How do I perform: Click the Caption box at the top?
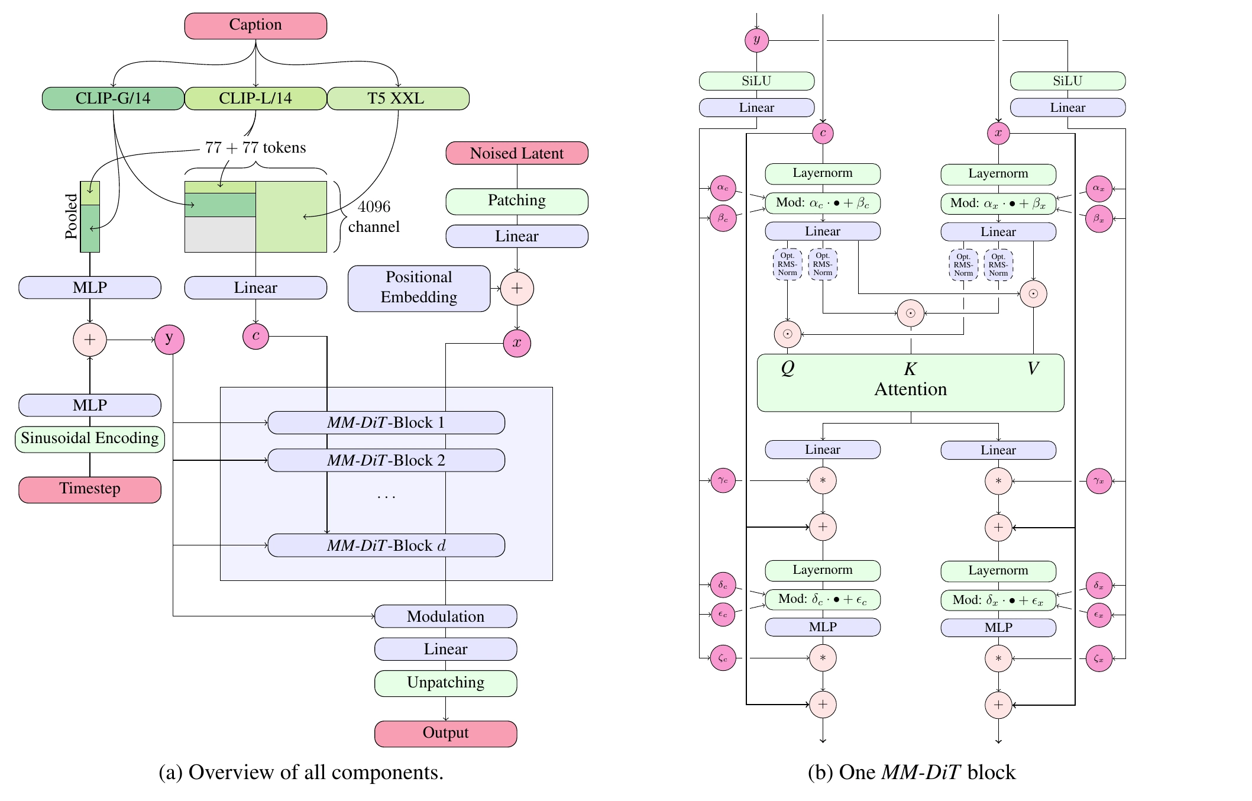click(x=255, y=25)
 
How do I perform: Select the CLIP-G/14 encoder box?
click(x=113, y=98)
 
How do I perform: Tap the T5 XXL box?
click(x=398, y=98)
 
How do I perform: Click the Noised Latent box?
click(x=517, y=153)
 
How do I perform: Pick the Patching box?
click(x=517, y=201)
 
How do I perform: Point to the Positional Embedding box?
click(x=419, y=288)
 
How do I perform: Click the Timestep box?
click(x=90, y=489)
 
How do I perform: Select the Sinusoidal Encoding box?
click(x=90, y=439)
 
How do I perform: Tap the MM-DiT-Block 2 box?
click(x=386, y=460)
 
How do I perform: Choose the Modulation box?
click(x=445, y=616)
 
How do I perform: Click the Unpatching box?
click(x=445, y=683)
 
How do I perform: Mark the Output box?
click(x=445, y=734)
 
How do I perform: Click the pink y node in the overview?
click(x=169, y=340)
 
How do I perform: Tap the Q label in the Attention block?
click(x=788, y=368)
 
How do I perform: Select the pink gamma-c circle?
click(x=723, y=480)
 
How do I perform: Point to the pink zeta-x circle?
click(x=1099, y=658)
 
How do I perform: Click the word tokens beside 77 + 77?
click(x=284, y=147)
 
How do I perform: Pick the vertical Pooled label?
click(x=72, y=217)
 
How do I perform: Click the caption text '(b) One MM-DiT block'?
click(x=911, y=773)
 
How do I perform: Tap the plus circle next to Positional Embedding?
click(x=517, y=289)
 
